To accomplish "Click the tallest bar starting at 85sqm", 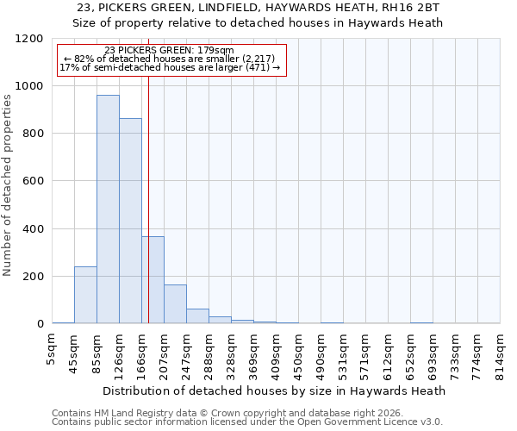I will pyautogui.click(x=108, y=209).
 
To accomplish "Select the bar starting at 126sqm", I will pyautogui.click(x=130, y=221).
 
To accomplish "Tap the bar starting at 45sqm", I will pyautogui.click(x=85, y=295).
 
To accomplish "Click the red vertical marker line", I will pyautogui.click(x=148, y=172).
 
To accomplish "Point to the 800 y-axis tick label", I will pyautogui.click(x=32, y=134).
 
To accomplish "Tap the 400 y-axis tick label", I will pyautogui.click(x=32, y=229).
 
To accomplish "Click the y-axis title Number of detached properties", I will pyautogui.click(x=8, y=185).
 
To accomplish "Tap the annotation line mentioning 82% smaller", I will pyautogui.click(x=170, y=59).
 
